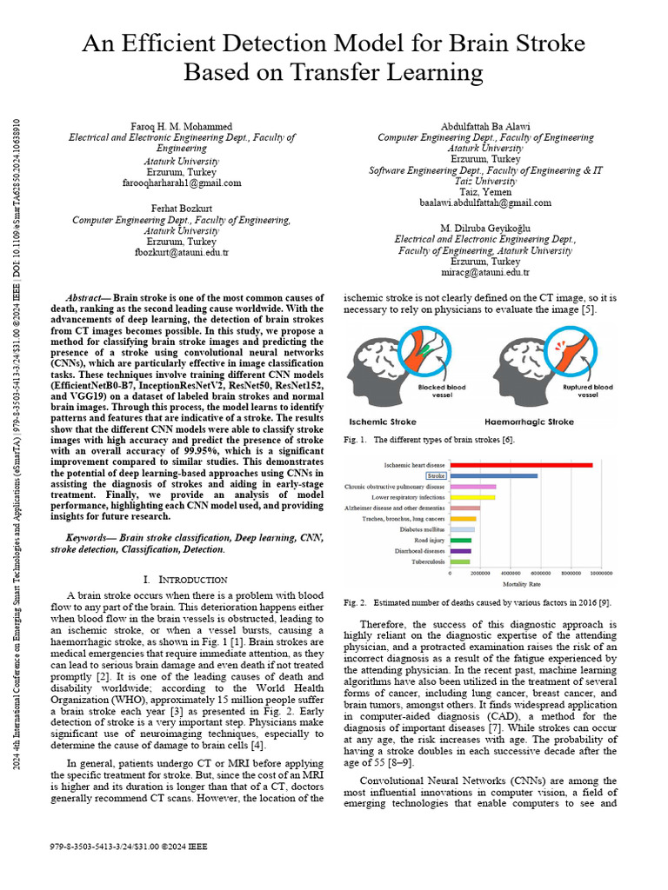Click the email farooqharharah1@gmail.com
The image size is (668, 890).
tap(182, 183)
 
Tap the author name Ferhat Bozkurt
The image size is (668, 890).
tap(182, 209)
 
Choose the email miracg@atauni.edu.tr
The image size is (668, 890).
tap(485, 272)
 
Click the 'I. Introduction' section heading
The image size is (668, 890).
tap(184, 579)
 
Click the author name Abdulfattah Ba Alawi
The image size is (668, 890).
tap(485, 125)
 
